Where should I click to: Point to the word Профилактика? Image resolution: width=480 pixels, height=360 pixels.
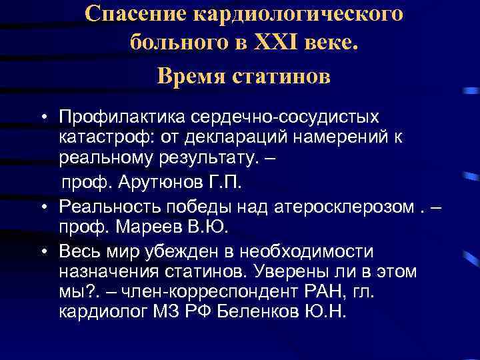(123, 117)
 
